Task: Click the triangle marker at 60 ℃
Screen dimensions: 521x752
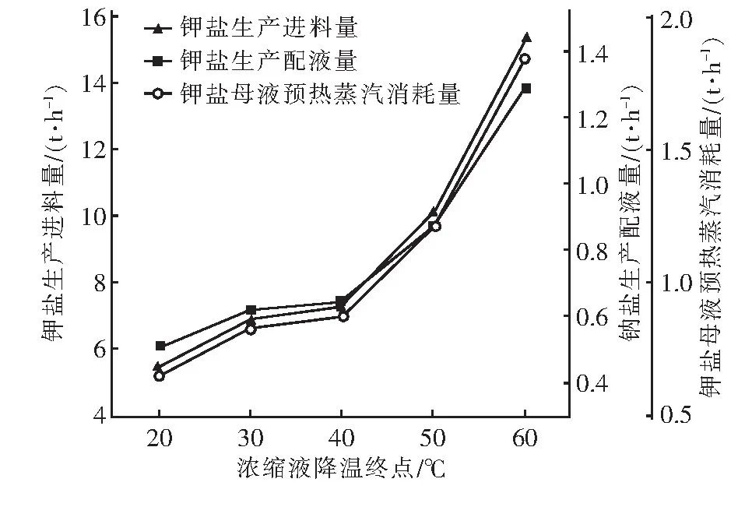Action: (x=526, y=37)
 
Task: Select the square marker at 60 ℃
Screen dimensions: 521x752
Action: (x=526, y=88)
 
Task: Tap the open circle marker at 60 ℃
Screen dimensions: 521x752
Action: (x=525, y=59)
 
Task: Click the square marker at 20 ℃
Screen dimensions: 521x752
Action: (x=160, y=345)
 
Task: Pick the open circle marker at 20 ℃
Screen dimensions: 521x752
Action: (x=160, y=376)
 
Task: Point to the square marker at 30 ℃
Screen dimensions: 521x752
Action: (x=251, y=310)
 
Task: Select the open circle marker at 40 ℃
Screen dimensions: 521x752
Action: (x=343, y=316)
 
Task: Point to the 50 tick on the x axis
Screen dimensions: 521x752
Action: (x=434, y=438)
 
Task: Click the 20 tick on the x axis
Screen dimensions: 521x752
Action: (x=160, y=438)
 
